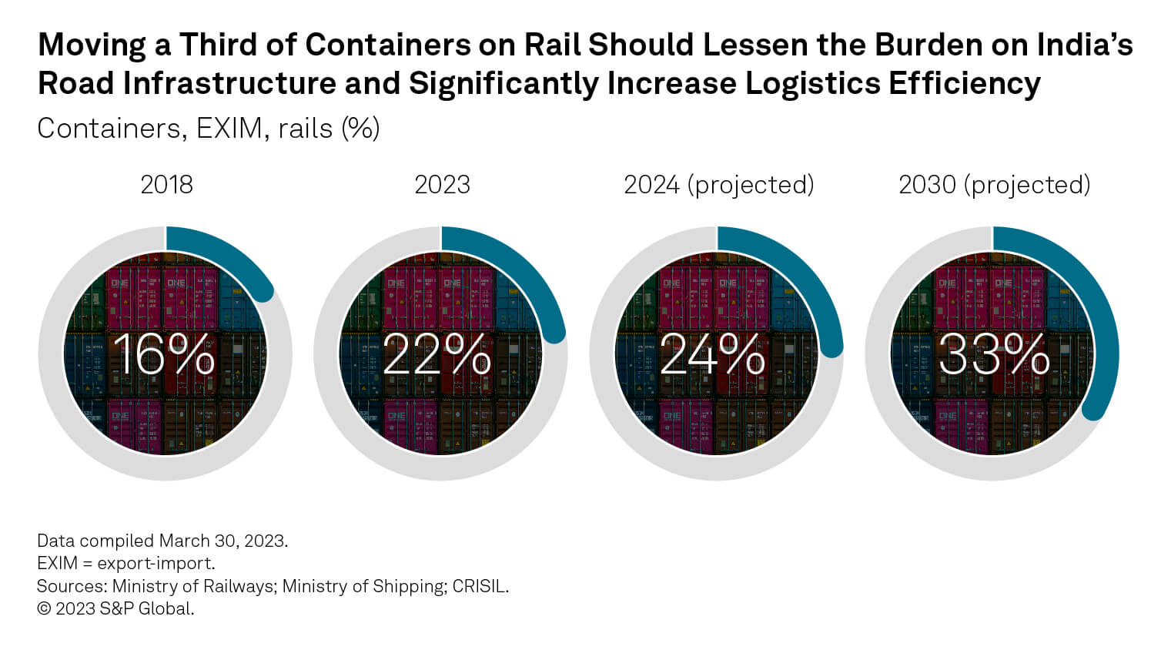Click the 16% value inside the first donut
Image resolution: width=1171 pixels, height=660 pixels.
164,355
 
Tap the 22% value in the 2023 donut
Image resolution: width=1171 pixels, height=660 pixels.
437,355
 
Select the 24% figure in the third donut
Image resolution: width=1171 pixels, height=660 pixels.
713,355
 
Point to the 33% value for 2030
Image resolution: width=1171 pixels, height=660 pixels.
993,355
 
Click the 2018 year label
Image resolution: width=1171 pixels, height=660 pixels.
166,185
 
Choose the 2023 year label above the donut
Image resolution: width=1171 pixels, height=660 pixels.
442,185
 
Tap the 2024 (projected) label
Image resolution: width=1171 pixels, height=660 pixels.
718,185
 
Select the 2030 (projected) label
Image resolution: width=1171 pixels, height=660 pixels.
994,185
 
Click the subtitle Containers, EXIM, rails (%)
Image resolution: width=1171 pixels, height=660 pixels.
208,128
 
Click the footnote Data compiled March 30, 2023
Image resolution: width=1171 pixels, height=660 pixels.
162,541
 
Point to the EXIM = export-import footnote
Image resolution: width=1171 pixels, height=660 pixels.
125,563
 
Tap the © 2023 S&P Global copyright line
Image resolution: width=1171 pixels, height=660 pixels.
115,608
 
